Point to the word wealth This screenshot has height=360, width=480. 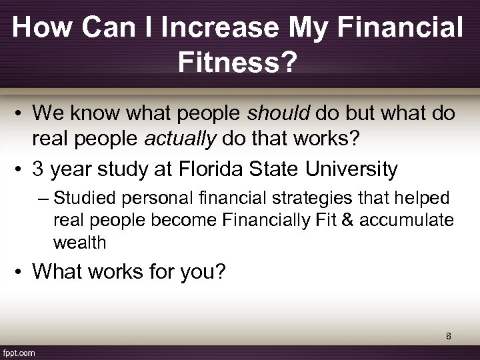click(x=79, y=242)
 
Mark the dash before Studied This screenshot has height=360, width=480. click(x=45, y=199)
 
